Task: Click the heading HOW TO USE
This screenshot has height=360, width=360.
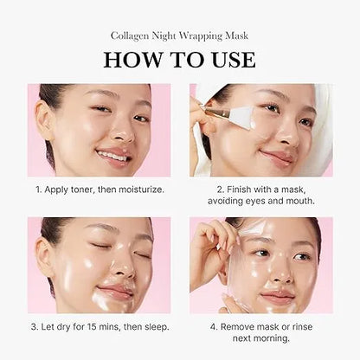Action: [180, 59]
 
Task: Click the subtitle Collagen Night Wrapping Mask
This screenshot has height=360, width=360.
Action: [180, 35]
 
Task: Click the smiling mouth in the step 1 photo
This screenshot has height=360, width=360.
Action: [114, 156]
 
